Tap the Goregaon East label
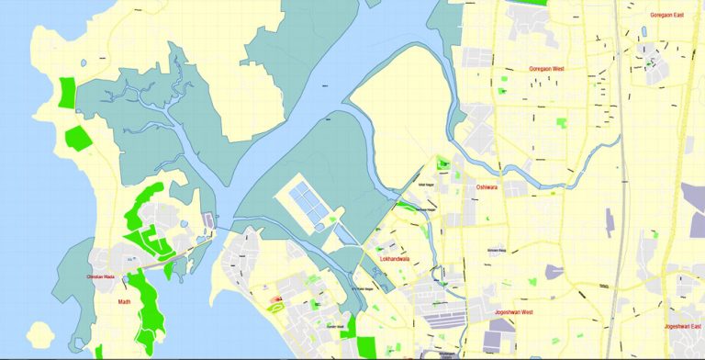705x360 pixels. pos(667,15)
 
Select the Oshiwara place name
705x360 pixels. pos(487,187)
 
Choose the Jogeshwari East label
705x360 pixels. pos(683,326)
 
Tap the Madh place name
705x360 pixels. pos(124,301)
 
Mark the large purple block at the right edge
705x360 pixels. pos(692,197)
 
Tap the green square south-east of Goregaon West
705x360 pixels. pos(562,122)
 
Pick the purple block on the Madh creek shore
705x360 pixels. pos(209,220)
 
